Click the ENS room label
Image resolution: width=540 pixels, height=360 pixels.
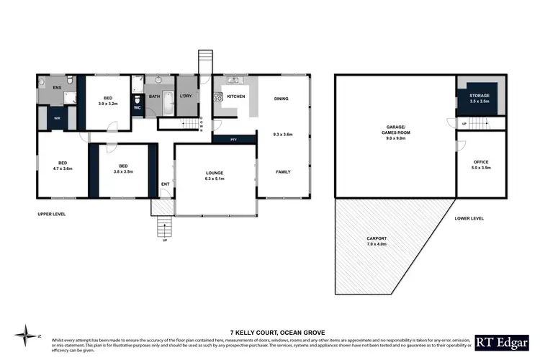click(58, 88)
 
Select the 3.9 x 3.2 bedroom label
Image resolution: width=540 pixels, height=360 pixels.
click(107, 101)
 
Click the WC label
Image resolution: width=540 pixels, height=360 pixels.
click(138, 108)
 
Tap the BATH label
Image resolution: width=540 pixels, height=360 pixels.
click(154, 96)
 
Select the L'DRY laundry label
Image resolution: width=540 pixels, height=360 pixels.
click(185, 96)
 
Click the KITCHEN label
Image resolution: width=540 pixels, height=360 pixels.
click(236, 96)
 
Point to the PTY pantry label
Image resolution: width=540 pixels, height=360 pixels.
click(234, 139)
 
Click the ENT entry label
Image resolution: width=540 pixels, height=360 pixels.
click(165, 184)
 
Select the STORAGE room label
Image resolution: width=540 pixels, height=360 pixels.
click(479, 96)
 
